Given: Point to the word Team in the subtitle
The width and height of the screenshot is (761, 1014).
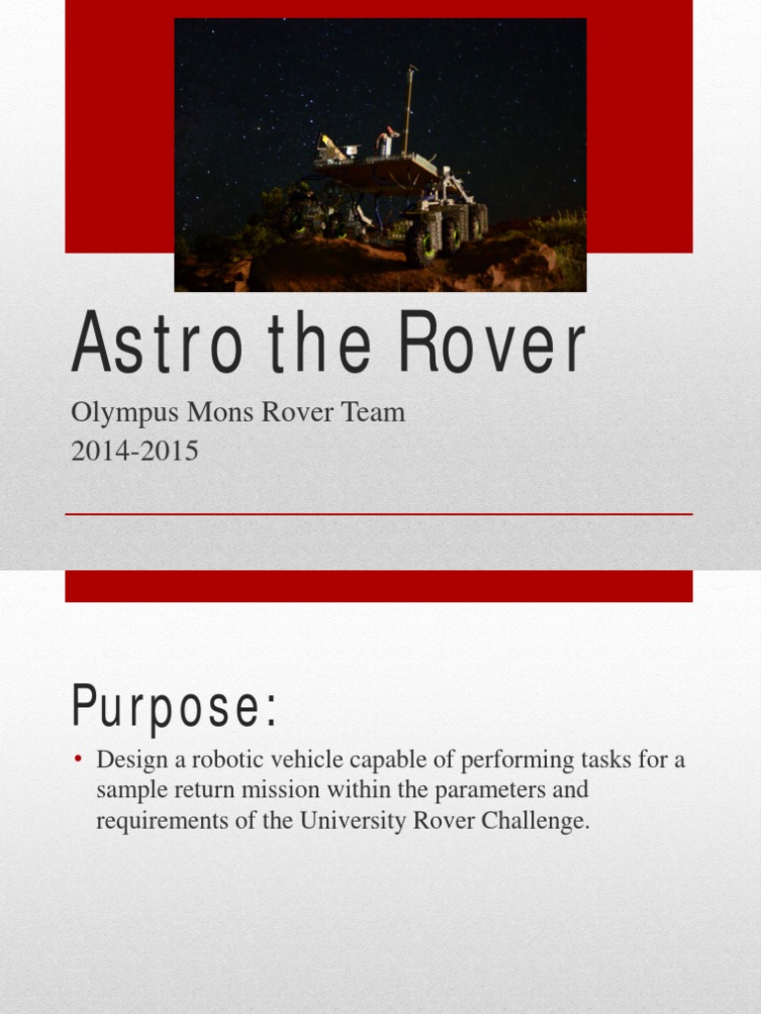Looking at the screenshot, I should pyautogui.click(x=374, y=412).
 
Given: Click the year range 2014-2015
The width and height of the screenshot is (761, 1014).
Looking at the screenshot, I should pyautogui.click(x=135, y=452).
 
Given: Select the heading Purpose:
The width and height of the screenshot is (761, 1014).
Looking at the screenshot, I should pyautogui.click(x=174, y=709).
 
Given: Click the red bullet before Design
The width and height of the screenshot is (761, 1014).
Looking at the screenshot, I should pyautogui.click(x=78, y=761).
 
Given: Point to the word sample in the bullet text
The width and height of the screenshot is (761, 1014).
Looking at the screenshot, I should pyautogui.click(x=129, y=791).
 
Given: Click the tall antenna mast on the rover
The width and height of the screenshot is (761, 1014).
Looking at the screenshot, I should pyautogui.click(x=408, y=109).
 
